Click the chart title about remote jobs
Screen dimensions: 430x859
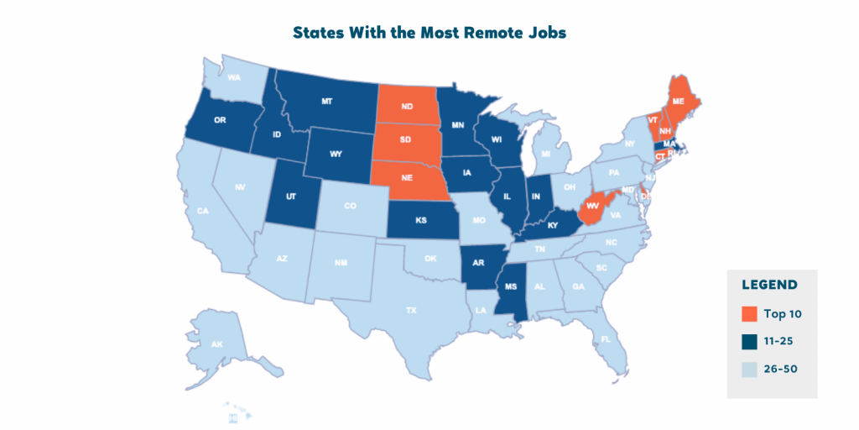[429, 33]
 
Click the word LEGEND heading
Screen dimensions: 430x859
[769, 285]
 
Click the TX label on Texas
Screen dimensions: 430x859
[411, 310]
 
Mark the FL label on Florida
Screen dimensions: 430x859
[606, 340]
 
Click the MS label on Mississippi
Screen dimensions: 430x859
[510, 287]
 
